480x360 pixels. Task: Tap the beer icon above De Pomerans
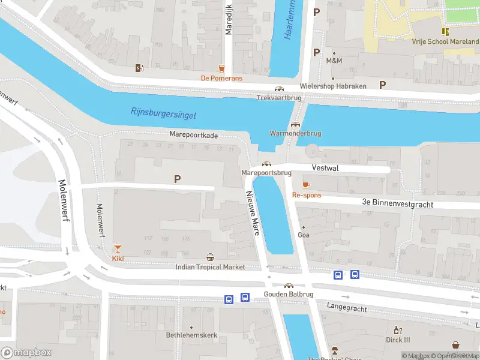221,68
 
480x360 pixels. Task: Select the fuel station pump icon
139,68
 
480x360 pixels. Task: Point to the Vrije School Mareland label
445,42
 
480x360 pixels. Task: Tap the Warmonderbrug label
295,133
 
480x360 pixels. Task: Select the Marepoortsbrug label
266,173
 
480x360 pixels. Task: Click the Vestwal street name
325,169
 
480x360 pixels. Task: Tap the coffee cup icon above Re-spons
306,185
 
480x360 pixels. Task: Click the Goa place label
304,235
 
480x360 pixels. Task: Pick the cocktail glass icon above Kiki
118,248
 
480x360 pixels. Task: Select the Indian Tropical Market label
210,267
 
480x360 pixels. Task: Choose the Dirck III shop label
397,340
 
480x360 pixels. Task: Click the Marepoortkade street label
193,136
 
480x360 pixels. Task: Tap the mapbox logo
26,353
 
